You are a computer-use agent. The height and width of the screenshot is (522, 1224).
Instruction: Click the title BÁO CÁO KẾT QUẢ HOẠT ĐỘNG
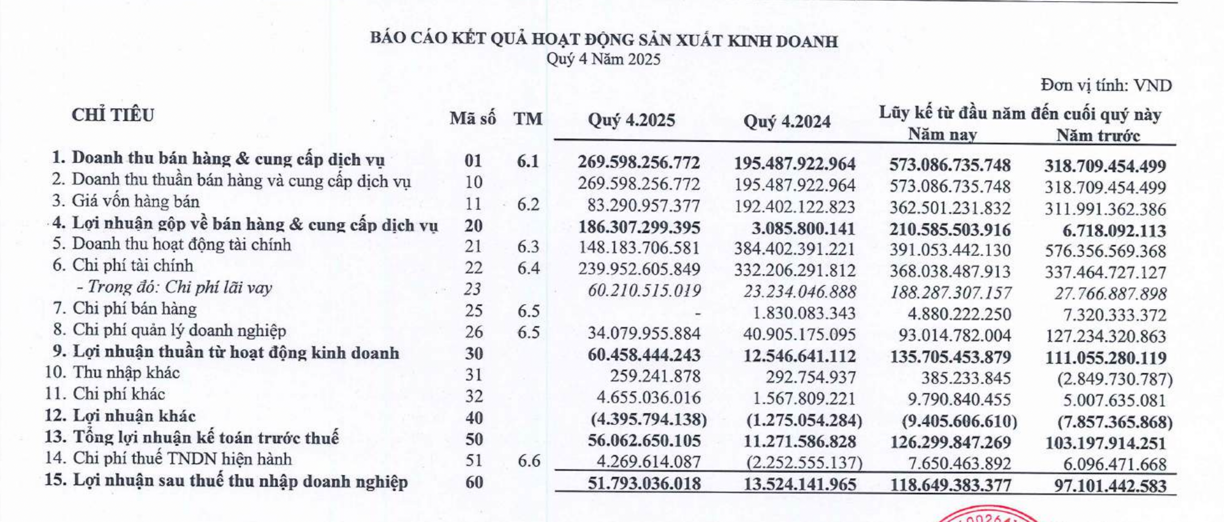click(603, 40)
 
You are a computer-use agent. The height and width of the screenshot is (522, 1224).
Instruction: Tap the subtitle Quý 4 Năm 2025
click(603, 60)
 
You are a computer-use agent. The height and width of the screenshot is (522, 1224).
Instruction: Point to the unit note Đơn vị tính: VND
click(1105, 86)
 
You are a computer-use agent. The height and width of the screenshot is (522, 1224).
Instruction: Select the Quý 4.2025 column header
click(631, 120)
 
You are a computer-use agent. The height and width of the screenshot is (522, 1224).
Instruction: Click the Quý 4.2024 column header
click(787, 121)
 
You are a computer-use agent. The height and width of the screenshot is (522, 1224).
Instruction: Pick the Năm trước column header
click(1098, 136)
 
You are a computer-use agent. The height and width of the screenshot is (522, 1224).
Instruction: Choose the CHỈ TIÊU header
click(113, 115)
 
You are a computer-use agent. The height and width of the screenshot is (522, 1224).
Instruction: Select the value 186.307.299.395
click(639, 228)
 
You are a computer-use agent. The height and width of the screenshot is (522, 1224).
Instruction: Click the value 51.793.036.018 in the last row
click(644, 484)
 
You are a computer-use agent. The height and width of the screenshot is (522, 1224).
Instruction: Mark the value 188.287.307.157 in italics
click(951, 293)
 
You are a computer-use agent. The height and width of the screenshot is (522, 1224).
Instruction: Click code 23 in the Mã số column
click(472, 289)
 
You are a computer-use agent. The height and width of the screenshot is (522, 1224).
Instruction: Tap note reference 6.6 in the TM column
click(529, 461)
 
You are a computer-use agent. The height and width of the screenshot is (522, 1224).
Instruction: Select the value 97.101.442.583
click(1105, 486)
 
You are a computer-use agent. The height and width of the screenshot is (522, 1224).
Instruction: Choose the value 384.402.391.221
click(795, 249)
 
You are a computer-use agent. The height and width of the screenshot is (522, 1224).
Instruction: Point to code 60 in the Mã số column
click(474, 482)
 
